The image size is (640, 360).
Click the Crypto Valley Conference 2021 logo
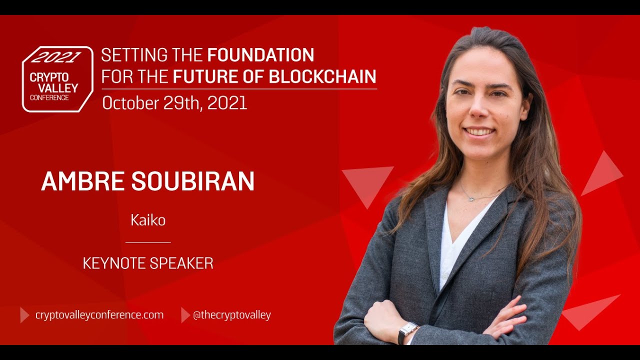coord(57,79)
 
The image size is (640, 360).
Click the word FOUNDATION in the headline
coord(260,54)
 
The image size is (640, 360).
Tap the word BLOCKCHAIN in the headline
coord(322,76)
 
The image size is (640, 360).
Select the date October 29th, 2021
coord(174,103)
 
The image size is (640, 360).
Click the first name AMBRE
coord(83,181)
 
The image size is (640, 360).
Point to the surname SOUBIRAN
coord(193,181)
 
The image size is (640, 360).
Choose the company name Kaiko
coord(148,220)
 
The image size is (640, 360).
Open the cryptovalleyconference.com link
coord(99,315)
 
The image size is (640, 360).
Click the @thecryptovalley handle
coord(231,315)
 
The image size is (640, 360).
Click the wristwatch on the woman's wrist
coord(407,331)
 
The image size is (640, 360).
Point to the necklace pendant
coord(470,199)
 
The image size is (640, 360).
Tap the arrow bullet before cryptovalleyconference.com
coord(24,315)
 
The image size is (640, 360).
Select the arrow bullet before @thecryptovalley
coord(185,315)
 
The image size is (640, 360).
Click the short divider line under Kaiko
coord(148,242)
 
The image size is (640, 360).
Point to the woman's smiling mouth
coord(479,132)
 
